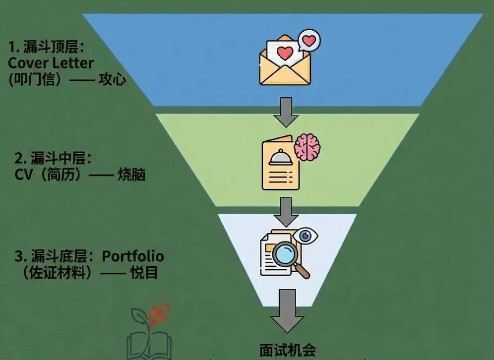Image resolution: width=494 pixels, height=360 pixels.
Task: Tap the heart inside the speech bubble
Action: point(309,40)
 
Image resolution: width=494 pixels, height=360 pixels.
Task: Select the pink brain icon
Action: point(308,146)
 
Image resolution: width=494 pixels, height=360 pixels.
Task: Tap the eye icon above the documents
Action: point(305,235)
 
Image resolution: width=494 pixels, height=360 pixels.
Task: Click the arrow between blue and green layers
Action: point(287,112)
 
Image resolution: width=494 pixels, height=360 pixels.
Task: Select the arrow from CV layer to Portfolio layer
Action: point(287,210)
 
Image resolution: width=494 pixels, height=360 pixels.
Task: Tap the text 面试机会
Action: point(287,350)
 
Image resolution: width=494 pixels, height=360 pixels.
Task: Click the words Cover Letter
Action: point(51,63)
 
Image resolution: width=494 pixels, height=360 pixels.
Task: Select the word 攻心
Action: point(112,79)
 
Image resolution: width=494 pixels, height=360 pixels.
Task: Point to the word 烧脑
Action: point(131,175)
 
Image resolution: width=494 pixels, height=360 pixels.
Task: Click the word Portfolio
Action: point(133,256)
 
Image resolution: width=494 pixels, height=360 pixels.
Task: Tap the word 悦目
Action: point(144,273)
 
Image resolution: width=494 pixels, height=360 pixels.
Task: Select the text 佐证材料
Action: point(58,273)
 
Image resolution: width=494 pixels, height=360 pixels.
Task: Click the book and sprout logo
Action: point(149,332)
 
